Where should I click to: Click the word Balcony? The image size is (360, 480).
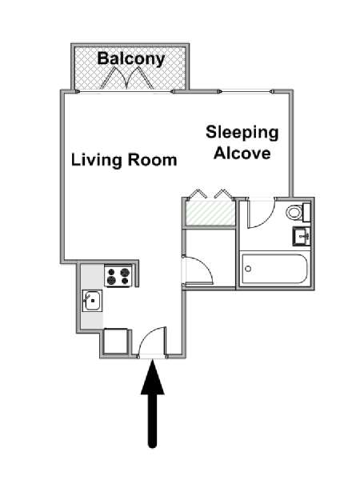click(131, 58)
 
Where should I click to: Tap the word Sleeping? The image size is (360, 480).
click(242, 133)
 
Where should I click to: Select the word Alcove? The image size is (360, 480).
click(242, 153)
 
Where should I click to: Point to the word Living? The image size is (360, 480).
click(96, 161)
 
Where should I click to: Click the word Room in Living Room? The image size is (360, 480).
click(152, 160)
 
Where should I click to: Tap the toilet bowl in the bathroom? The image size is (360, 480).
click(294, 212)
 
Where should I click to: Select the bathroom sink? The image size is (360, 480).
click(302, 236)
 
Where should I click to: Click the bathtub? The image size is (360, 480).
click(274, 269)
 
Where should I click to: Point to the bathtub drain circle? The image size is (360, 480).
click(248, 269)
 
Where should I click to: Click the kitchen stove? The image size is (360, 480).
click(118, 275)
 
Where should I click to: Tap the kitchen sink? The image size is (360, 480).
click(92, 301)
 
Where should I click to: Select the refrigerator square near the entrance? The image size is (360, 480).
click(115, 341)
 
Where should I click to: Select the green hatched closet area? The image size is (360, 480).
click(210, 213)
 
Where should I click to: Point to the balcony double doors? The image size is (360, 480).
click(126, 78)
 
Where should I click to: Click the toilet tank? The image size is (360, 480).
click(306, 212)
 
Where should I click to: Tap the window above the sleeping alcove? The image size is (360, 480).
click(246, 91)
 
